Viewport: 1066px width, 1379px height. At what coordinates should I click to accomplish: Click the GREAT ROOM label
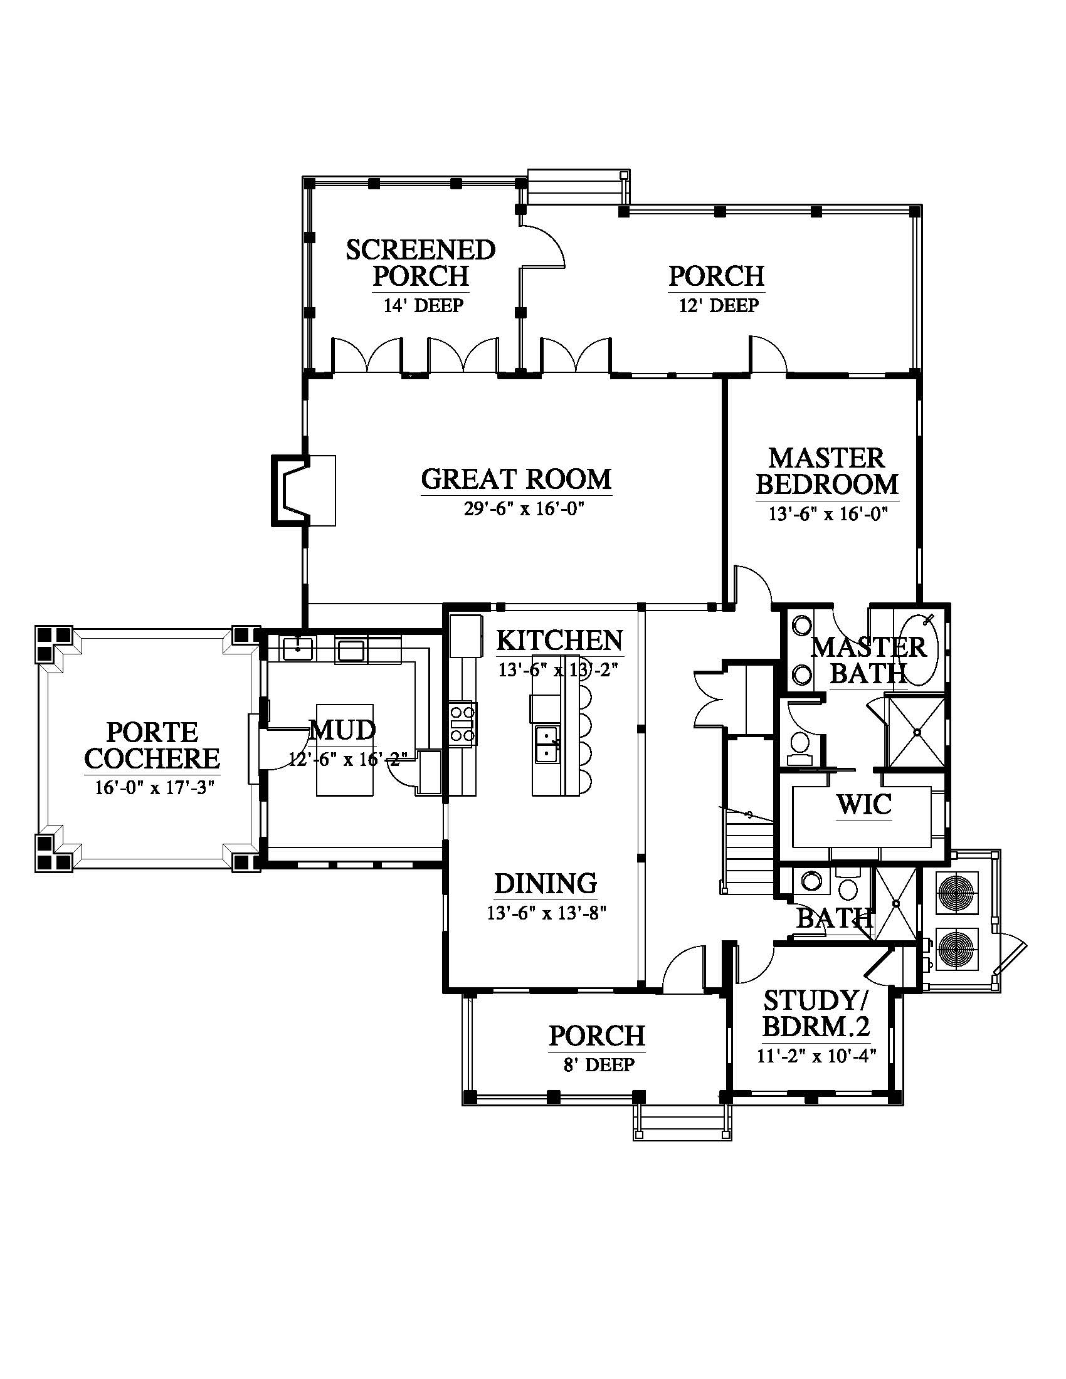(516, 480)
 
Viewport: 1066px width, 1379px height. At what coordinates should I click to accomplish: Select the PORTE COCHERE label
(152, 745)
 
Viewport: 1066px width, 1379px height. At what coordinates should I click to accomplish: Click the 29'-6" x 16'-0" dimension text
(522, 509)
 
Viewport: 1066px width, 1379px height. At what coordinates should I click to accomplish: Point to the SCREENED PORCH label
(421, 263)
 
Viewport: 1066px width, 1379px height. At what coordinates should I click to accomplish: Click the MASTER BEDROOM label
(827, 471)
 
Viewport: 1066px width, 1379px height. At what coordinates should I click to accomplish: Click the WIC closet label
(864, 804)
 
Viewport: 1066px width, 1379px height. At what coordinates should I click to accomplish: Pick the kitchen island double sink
(546, 745)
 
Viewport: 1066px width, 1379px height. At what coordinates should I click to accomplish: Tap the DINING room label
(546, 883)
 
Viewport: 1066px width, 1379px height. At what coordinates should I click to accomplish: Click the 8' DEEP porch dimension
(599, 1065)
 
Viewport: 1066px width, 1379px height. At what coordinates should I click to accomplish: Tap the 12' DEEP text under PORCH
(719, 306)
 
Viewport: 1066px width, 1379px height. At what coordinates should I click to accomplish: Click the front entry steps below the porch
(683, 1123)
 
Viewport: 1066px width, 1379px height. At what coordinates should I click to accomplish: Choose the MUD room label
(343, 730)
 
